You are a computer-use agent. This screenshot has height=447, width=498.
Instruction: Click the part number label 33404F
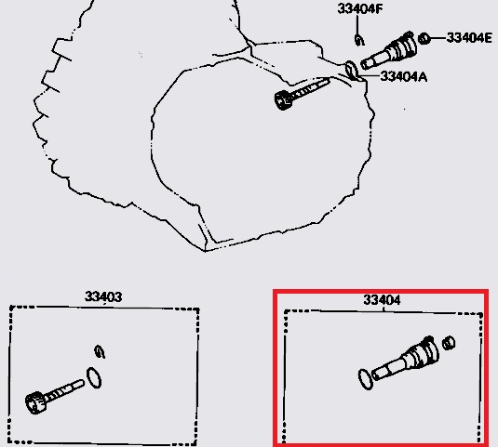point(360,8)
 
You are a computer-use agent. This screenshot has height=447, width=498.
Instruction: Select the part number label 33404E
point(469,38)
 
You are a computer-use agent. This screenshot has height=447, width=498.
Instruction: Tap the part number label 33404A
point(403,76)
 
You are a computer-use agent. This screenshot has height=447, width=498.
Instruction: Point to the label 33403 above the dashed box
point(103,296)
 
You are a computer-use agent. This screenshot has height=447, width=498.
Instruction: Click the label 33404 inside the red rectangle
point(382,299)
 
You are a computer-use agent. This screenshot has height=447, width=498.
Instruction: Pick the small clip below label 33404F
point(359,40)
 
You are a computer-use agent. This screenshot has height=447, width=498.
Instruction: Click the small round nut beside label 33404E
point(424,39)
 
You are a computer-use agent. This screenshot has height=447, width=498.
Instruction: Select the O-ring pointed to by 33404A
point(351,71)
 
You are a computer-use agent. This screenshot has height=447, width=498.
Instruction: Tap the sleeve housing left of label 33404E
point(389,51)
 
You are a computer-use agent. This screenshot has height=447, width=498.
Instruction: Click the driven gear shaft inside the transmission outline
point(302,94)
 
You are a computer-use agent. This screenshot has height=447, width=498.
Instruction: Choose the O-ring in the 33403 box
point(94,377)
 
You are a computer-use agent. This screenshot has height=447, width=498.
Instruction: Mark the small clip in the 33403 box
point(100,352)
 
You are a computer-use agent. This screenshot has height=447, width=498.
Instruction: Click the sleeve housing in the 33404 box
point(406,358)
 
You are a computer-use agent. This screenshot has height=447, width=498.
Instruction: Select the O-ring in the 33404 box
point(365,379)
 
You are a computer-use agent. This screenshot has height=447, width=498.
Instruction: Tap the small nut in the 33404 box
point(449,343)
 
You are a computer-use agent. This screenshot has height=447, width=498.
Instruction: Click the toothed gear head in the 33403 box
point(35,402)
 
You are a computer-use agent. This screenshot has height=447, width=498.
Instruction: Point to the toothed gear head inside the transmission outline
point(283,99)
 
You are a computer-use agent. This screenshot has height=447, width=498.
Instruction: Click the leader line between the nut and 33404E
point(438,38)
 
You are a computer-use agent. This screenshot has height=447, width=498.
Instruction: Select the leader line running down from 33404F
point(357,24)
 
